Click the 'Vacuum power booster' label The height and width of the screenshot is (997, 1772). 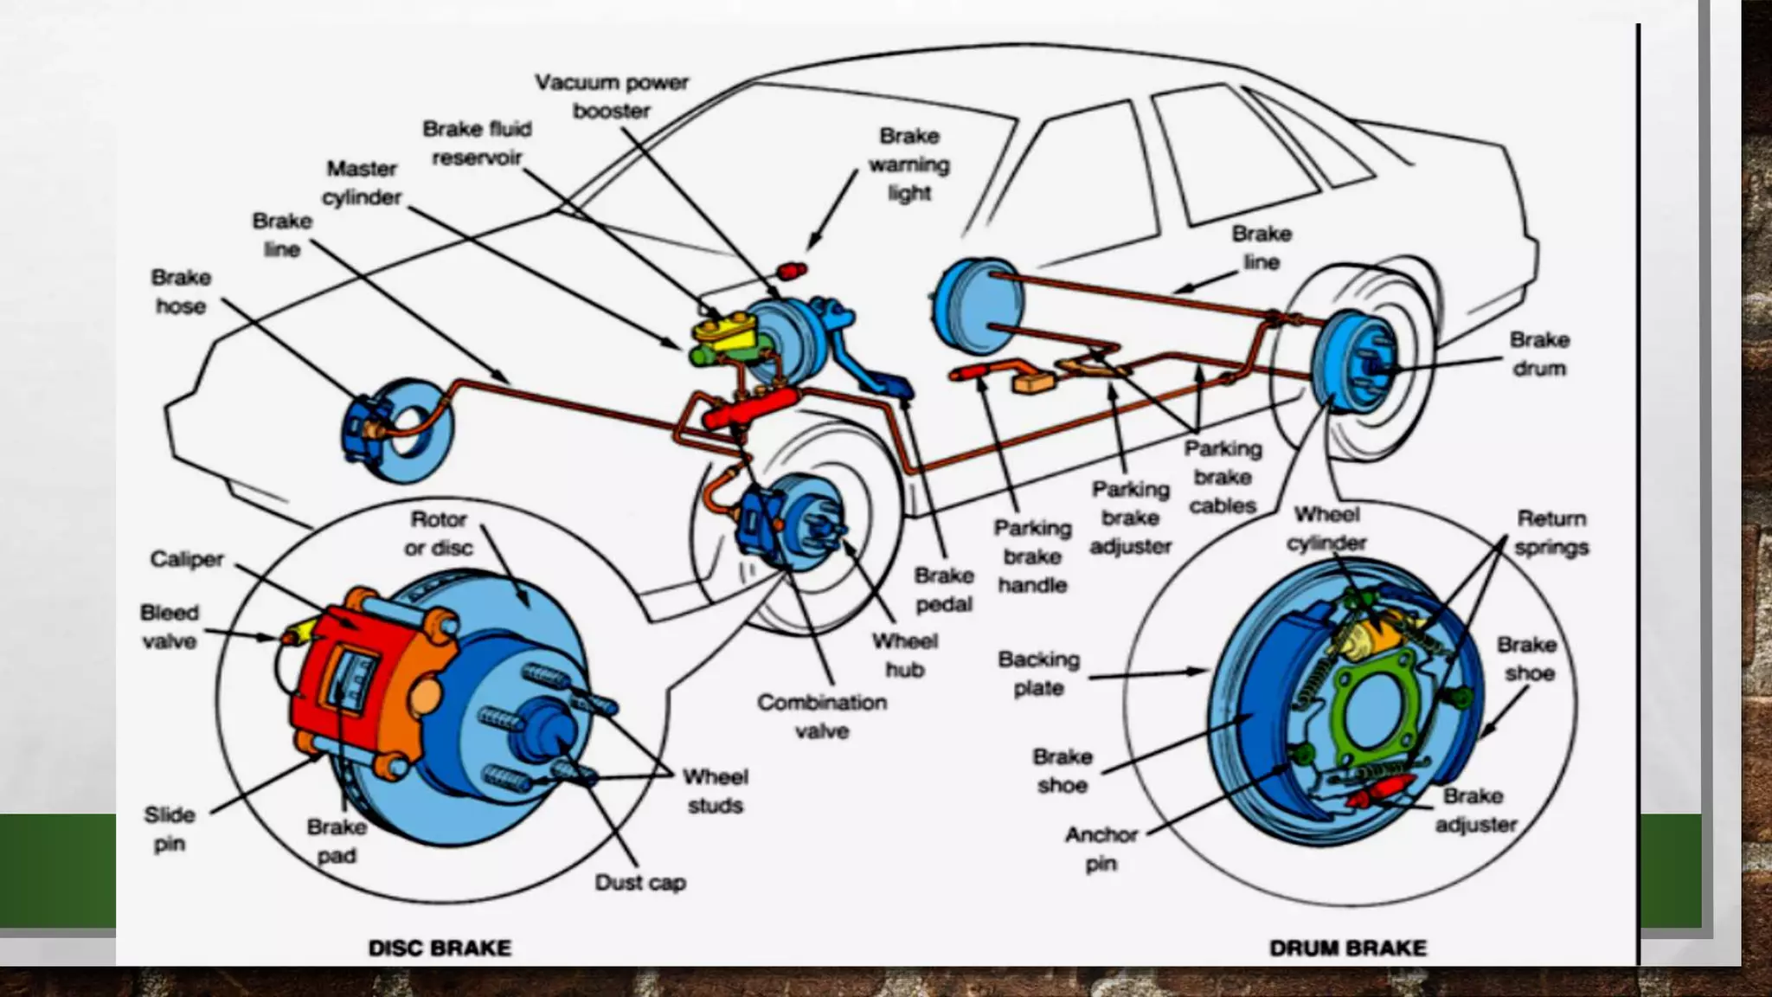[611, 96]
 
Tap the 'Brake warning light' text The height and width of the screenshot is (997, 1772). [908, 164]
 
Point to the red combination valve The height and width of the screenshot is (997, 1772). [749, 408]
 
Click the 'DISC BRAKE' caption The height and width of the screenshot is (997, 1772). [440, 948]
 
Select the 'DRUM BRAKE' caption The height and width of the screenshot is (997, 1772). [1347, 948]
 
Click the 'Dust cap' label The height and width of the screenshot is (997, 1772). [640, 883]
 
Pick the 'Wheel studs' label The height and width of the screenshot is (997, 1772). [715, 791]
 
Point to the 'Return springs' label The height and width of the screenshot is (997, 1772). [1551, 533]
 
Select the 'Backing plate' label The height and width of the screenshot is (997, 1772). [1038, 673]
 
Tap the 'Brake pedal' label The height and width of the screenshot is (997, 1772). [943, 589]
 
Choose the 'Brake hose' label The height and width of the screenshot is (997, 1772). [180, 292]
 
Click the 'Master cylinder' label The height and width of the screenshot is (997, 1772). [362, 183]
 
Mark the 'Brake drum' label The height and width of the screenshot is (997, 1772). [1539, 354]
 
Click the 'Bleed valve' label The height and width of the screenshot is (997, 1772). [169, 627]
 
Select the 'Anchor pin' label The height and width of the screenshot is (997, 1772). [1101, 849]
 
